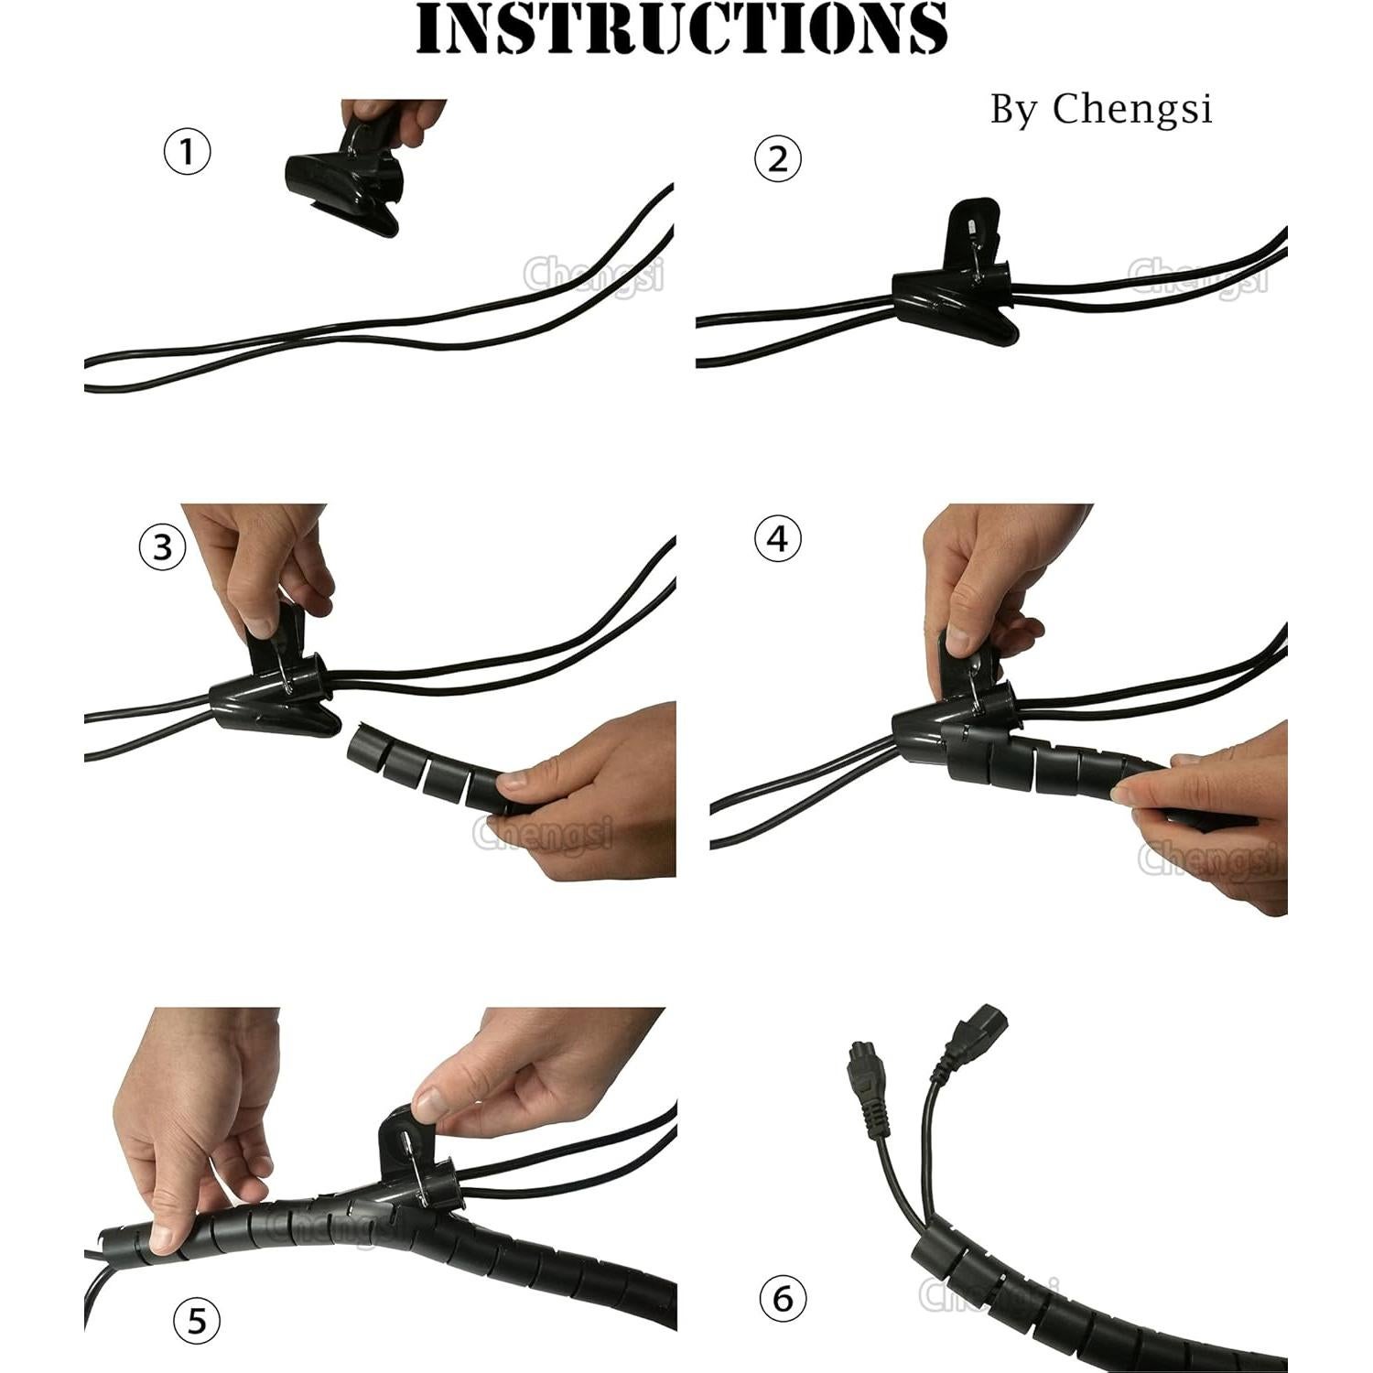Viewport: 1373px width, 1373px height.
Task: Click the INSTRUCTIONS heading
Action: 682,29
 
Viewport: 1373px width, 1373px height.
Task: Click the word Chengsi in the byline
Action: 1132,109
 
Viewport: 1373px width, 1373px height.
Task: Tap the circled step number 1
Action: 187,151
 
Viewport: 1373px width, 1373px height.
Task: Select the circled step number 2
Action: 777,158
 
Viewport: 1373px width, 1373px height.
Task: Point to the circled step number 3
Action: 162,546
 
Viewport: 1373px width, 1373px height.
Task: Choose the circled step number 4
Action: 777,538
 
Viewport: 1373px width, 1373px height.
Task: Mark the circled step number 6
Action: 784,1298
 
